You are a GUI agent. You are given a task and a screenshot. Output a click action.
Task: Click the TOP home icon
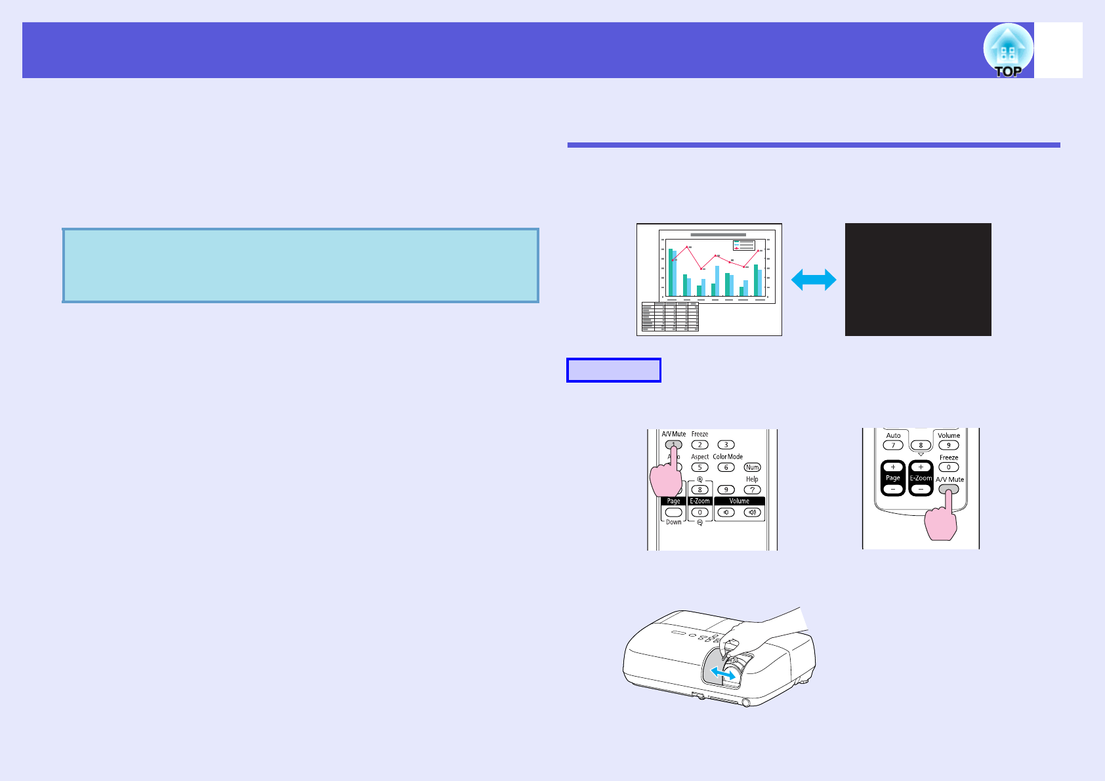coord(1008,51)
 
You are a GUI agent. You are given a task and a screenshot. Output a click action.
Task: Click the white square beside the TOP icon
coord(1058,51)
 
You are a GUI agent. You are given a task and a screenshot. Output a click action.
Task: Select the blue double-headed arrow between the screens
coord(814,280)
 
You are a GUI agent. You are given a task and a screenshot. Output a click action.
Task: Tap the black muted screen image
coord(918,280)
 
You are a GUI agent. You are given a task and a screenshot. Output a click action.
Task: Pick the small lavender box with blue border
coord(614,370)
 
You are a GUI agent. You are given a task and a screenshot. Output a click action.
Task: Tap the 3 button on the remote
coord(726,445)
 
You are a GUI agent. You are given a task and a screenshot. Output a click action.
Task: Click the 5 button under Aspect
coord(699,467)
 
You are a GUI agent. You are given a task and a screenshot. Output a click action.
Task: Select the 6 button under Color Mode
coord(726,467)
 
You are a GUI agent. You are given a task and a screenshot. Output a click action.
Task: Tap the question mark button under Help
coord(752,490)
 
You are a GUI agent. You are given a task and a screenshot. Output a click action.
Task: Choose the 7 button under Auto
coord(893,446)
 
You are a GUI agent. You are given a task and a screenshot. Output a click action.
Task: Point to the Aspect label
coord(699,457)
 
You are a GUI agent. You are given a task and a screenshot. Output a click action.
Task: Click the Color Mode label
coord(728,457)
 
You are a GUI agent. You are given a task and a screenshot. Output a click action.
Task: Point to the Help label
coord(752,479)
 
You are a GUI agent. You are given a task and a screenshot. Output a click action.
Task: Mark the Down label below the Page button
coord(674,522)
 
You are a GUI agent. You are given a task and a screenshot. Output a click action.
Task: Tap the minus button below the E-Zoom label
coord(921,489)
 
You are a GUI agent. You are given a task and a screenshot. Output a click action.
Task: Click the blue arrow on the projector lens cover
coord(722,674)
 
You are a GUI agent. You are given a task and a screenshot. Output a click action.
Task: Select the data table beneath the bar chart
coord(670,317)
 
